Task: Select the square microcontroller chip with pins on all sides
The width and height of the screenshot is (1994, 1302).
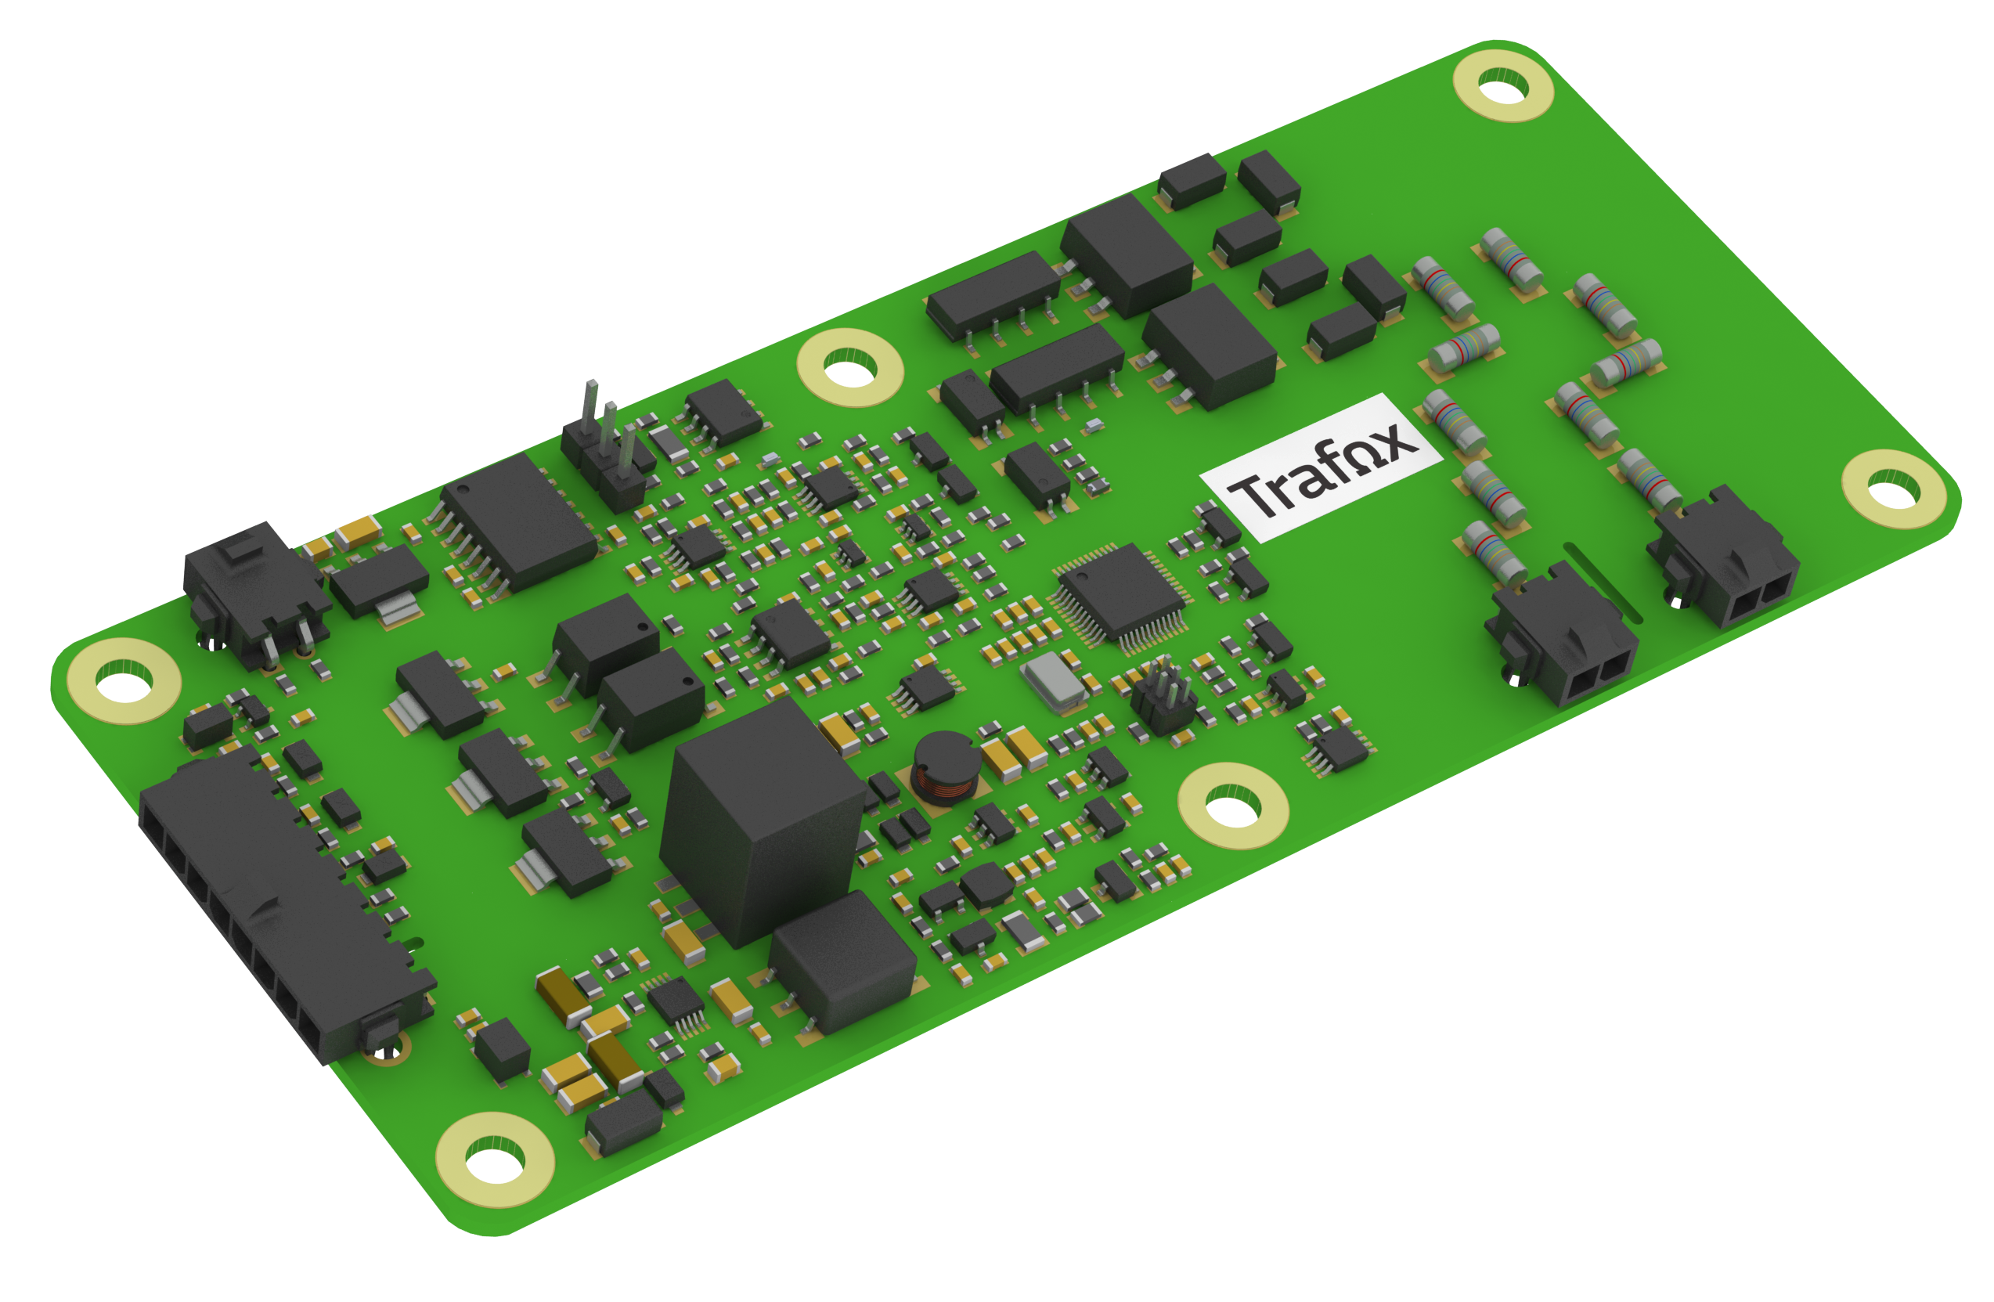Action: pyautogui.click(x=1121, y=597)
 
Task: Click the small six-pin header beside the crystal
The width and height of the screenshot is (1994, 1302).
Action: pyautogui.click(x=1163, y=695)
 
